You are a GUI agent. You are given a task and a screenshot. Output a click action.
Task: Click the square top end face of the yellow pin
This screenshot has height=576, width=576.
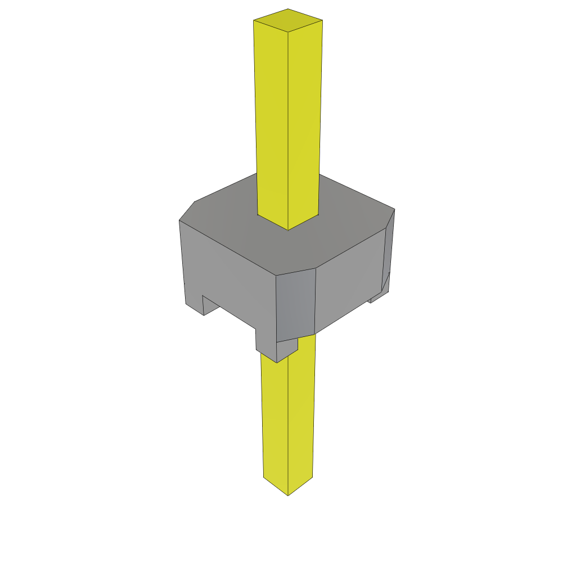coord(288,20)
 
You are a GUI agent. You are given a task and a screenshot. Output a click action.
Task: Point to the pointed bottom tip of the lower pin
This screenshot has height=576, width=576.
coord(288,494)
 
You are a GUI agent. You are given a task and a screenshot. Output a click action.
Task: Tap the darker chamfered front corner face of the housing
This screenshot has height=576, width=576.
coord(295,304)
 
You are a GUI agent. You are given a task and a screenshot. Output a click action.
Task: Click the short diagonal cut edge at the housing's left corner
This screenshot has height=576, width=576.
coord(186,211)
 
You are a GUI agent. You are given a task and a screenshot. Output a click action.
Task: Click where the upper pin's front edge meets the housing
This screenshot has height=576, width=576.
coord(288,229)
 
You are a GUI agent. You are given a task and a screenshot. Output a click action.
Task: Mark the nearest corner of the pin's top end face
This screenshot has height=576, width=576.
coord(288,31)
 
